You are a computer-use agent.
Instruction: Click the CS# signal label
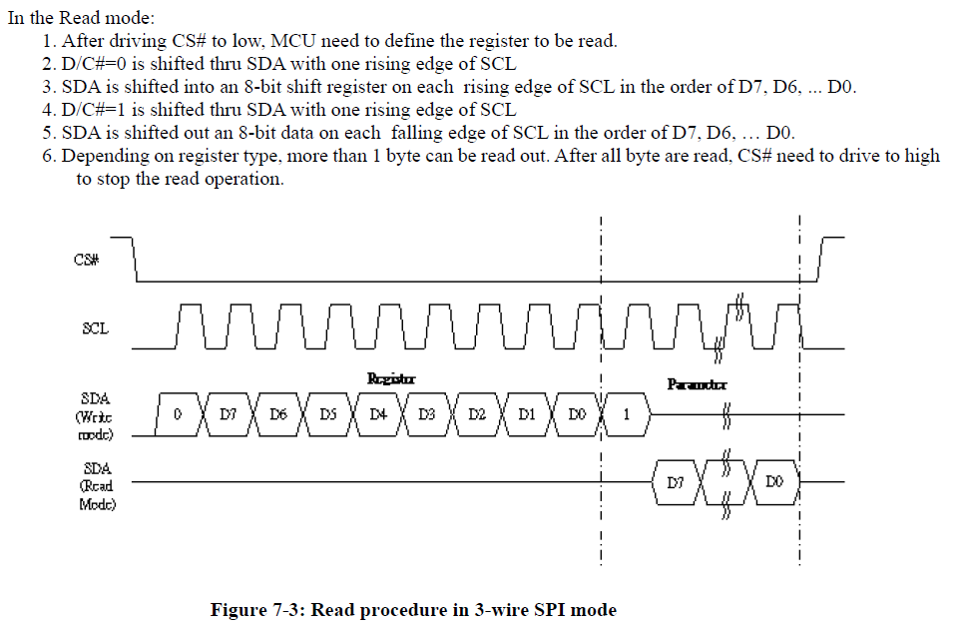pos(86,261)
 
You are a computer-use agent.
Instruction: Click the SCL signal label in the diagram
pos(96,327)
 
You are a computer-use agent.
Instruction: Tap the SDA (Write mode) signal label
pos(96,416)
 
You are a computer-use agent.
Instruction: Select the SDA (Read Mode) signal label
pos(97,486)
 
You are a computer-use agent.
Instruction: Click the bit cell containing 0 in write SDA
pos(177,415)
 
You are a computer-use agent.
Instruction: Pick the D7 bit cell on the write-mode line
pos(228,415)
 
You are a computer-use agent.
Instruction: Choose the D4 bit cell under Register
pos(377,415)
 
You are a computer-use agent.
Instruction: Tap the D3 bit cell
pos(427,415)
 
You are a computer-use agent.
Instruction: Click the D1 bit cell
pos(527,415)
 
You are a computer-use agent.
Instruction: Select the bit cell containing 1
pos(627,415)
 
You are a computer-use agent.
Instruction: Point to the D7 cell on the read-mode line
pos(676,483)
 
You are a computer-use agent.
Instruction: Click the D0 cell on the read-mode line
pos(775,483)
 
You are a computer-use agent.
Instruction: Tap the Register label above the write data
pos(391,378)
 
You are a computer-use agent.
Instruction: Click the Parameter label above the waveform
pos(697,384)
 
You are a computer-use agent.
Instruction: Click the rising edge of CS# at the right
pos(821,261)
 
